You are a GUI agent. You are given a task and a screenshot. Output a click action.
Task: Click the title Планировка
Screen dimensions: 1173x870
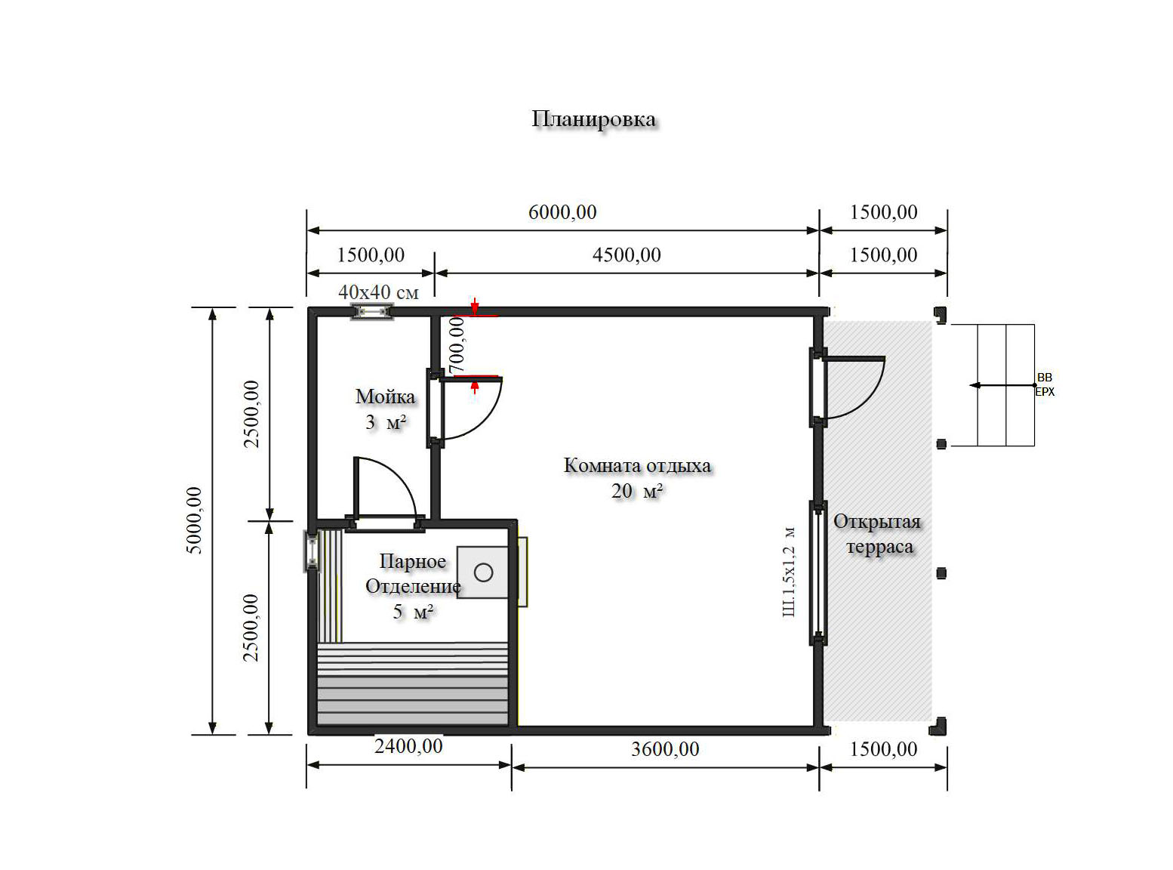tap(593, 119)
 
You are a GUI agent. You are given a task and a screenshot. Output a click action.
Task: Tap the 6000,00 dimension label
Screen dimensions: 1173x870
tap(562, 212)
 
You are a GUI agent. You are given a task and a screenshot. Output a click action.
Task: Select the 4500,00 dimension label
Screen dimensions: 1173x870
tap(627, 255)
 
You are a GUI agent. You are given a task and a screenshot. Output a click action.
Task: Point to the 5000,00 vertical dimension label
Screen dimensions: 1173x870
tap(194, 520)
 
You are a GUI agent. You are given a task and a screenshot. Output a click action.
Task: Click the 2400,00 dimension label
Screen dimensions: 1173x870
tap(408, 746)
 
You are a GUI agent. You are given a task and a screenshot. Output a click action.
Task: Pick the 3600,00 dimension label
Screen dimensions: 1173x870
tap(665, 749)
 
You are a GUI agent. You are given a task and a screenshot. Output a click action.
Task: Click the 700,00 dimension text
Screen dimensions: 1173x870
tap(457, 344)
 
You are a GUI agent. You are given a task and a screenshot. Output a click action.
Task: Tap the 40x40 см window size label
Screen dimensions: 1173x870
tap(378, 292)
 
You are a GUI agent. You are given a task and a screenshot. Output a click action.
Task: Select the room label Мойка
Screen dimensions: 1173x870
tap(385, 397)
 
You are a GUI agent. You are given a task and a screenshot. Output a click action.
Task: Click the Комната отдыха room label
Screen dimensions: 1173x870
tap(637, 466)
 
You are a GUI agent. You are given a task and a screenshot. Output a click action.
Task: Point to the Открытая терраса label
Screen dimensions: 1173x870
tap(877, 534)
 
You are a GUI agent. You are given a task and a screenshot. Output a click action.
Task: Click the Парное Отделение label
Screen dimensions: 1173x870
tap(413, 574)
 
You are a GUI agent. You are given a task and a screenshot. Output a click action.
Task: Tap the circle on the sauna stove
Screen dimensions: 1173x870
tap(483, 572)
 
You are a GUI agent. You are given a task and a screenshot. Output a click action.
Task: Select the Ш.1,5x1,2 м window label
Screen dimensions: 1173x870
tap(789, 572)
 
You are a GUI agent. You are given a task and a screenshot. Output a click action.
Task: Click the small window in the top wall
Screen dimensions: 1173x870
tap(372, 312)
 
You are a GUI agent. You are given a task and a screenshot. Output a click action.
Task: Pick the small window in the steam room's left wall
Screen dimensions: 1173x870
tap(312, 551)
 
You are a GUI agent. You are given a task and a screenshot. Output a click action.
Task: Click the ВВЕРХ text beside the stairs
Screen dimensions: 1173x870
tap(1045, 384)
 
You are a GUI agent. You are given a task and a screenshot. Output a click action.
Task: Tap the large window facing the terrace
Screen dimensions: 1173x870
tap(818, 572)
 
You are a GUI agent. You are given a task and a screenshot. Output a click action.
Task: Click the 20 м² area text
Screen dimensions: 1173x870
tap(637, 492)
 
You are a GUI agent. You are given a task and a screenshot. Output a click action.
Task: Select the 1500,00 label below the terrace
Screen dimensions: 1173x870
tap(883, 749)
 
